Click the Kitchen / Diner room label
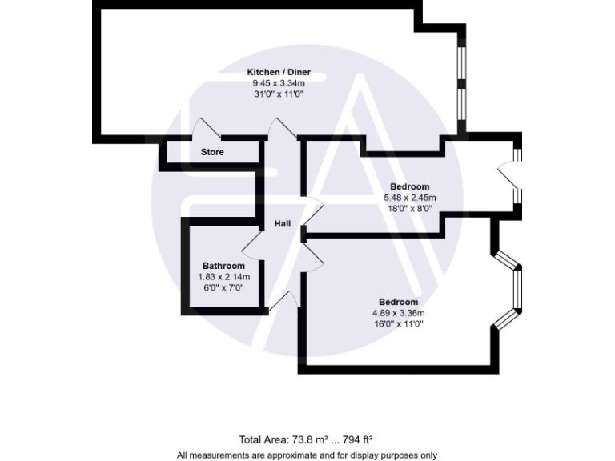[x=278, y=73]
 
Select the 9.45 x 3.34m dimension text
[x=278, y=83]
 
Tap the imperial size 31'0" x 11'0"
[x=278, y=94]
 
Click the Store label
[x=212, y=152]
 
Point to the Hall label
[x=283, y=224]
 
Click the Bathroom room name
[x=223, y=266]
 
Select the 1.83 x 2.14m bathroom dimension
[x=223, y=276]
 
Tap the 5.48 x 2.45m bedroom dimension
[x=409, y=197]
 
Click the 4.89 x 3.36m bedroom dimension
[x=398, y=313]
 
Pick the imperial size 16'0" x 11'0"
[x=398, y=323]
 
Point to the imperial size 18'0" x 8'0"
[x=409, y=207]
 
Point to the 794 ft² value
[x=356, y=439]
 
